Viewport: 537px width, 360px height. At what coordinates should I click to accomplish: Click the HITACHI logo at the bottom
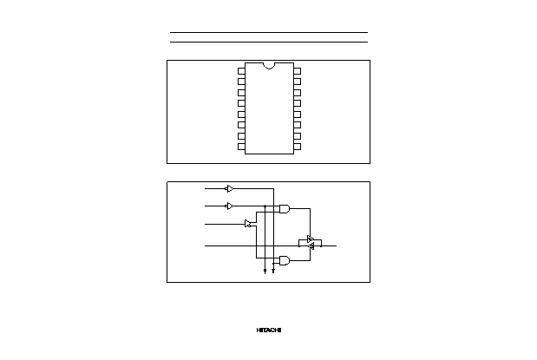[x=269, y=331]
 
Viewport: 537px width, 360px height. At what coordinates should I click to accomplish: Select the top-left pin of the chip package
[x=241, y=71]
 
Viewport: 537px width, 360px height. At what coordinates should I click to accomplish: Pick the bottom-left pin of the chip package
[x=241, y=147]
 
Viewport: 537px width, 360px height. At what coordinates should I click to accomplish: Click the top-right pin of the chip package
[x=298, y=71]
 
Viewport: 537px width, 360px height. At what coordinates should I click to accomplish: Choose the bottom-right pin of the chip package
[x=298, y=147]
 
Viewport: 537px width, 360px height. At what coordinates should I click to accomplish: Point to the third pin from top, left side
[x=241, y=93]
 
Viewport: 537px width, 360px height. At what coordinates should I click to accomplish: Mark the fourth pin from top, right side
[x=298, y=103]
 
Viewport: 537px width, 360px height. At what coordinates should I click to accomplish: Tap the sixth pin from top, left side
[x=241, y=125]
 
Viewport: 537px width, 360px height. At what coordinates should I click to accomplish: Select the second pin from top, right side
[x=298, y=82]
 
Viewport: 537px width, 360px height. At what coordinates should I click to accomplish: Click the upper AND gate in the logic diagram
[x=285, y=209]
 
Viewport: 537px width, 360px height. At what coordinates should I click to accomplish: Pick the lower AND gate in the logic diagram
[x=285, y=260]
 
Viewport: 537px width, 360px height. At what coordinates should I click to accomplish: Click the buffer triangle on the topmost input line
[x=229, y=189]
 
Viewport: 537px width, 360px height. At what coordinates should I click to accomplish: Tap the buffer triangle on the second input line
[x=229, y=206]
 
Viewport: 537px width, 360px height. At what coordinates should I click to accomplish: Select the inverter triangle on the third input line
[x=248, y=224]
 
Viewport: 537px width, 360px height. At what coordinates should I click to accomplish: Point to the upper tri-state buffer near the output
[x=310, y=239]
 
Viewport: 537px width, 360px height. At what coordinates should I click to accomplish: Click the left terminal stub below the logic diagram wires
[x=265, y=271]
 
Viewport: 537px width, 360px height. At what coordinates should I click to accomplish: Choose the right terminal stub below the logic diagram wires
[x=273, y=271]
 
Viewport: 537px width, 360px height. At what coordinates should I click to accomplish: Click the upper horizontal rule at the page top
[x=269, y=33]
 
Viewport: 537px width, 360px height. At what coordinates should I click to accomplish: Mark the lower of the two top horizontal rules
[x=269, y=43]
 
